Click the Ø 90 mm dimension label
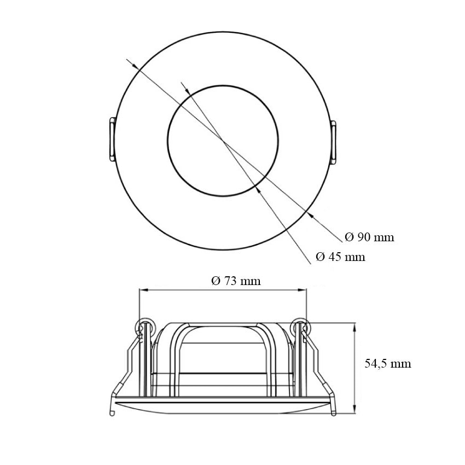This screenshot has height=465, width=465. pyautogui.click(x=370, y=237)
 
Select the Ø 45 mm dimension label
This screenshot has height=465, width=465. pyautogui.click(x=341, y=257)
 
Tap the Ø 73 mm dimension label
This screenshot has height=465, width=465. pyautogui.click(x=236, y=281)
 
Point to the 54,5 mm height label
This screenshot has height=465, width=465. pyautogui.click(x=388, y=363)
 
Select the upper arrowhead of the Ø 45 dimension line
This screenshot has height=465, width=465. pyautogui.click(x=185, y=88)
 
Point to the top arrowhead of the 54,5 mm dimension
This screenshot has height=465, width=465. pyautogui.click(x=356, y=327)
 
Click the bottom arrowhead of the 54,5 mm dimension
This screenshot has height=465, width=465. pyautogui.click(x=356, y=410)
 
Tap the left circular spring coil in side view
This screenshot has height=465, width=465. pyautogui.click(x=144, y=328)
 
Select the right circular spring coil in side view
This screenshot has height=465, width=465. pyautogui.click(x=300, y=328)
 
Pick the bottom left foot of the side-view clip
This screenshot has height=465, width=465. pyautogui.click(x=112, y=411)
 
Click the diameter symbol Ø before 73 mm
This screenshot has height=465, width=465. pyautogui.click(x=216, y=281)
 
